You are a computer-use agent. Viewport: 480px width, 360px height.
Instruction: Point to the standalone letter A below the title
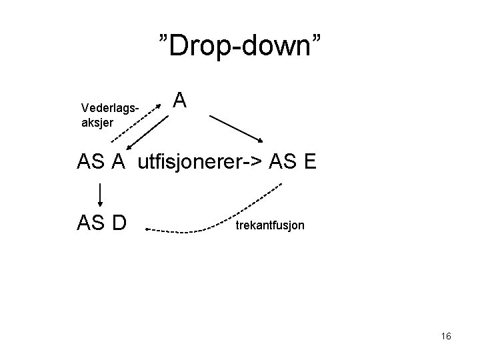click(x=180, y=101)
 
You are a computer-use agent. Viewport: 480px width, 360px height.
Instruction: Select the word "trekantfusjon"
click(x=269, y=225)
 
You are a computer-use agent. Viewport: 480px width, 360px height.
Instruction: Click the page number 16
click(x=446, y=336)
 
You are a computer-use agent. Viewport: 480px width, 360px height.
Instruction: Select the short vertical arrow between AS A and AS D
click(x=101, y=193)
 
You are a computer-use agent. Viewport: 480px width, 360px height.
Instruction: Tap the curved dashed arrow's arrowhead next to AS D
click(x=147, y=230)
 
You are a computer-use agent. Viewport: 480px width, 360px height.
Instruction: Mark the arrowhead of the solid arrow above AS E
click(x=263, y=140)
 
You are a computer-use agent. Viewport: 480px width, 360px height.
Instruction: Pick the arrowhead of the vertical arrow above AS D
click(x=101, y=203)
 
